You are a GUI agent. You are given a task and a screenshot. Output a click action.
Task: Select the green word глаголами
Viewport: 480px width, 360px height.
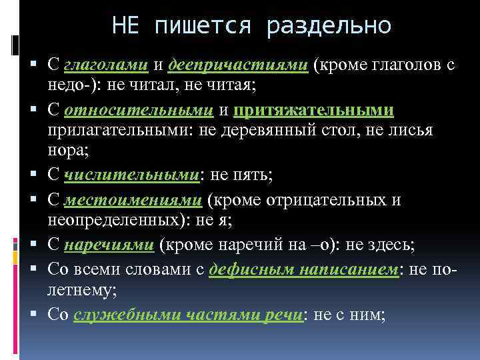[x=106, y=65]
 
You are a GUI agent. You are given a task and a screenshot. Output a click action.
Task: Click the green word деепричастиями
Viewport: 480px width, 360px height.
[x=238, y=65]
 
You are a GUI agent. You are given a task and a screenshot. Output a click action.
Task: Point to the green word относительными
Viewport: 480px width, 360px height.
[x=139, y=110]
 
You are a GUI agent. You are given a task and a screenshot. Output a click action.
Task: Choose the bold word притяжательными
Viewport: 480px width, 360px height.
[x=313, y=110]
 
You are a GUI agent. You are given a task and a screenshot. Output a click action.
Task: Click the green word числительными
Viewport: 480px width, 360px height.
[x=132, y=175]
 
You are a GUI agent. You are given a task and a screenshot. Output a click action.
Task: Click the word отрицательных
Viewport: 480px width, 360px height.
[x=327, y=200]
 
